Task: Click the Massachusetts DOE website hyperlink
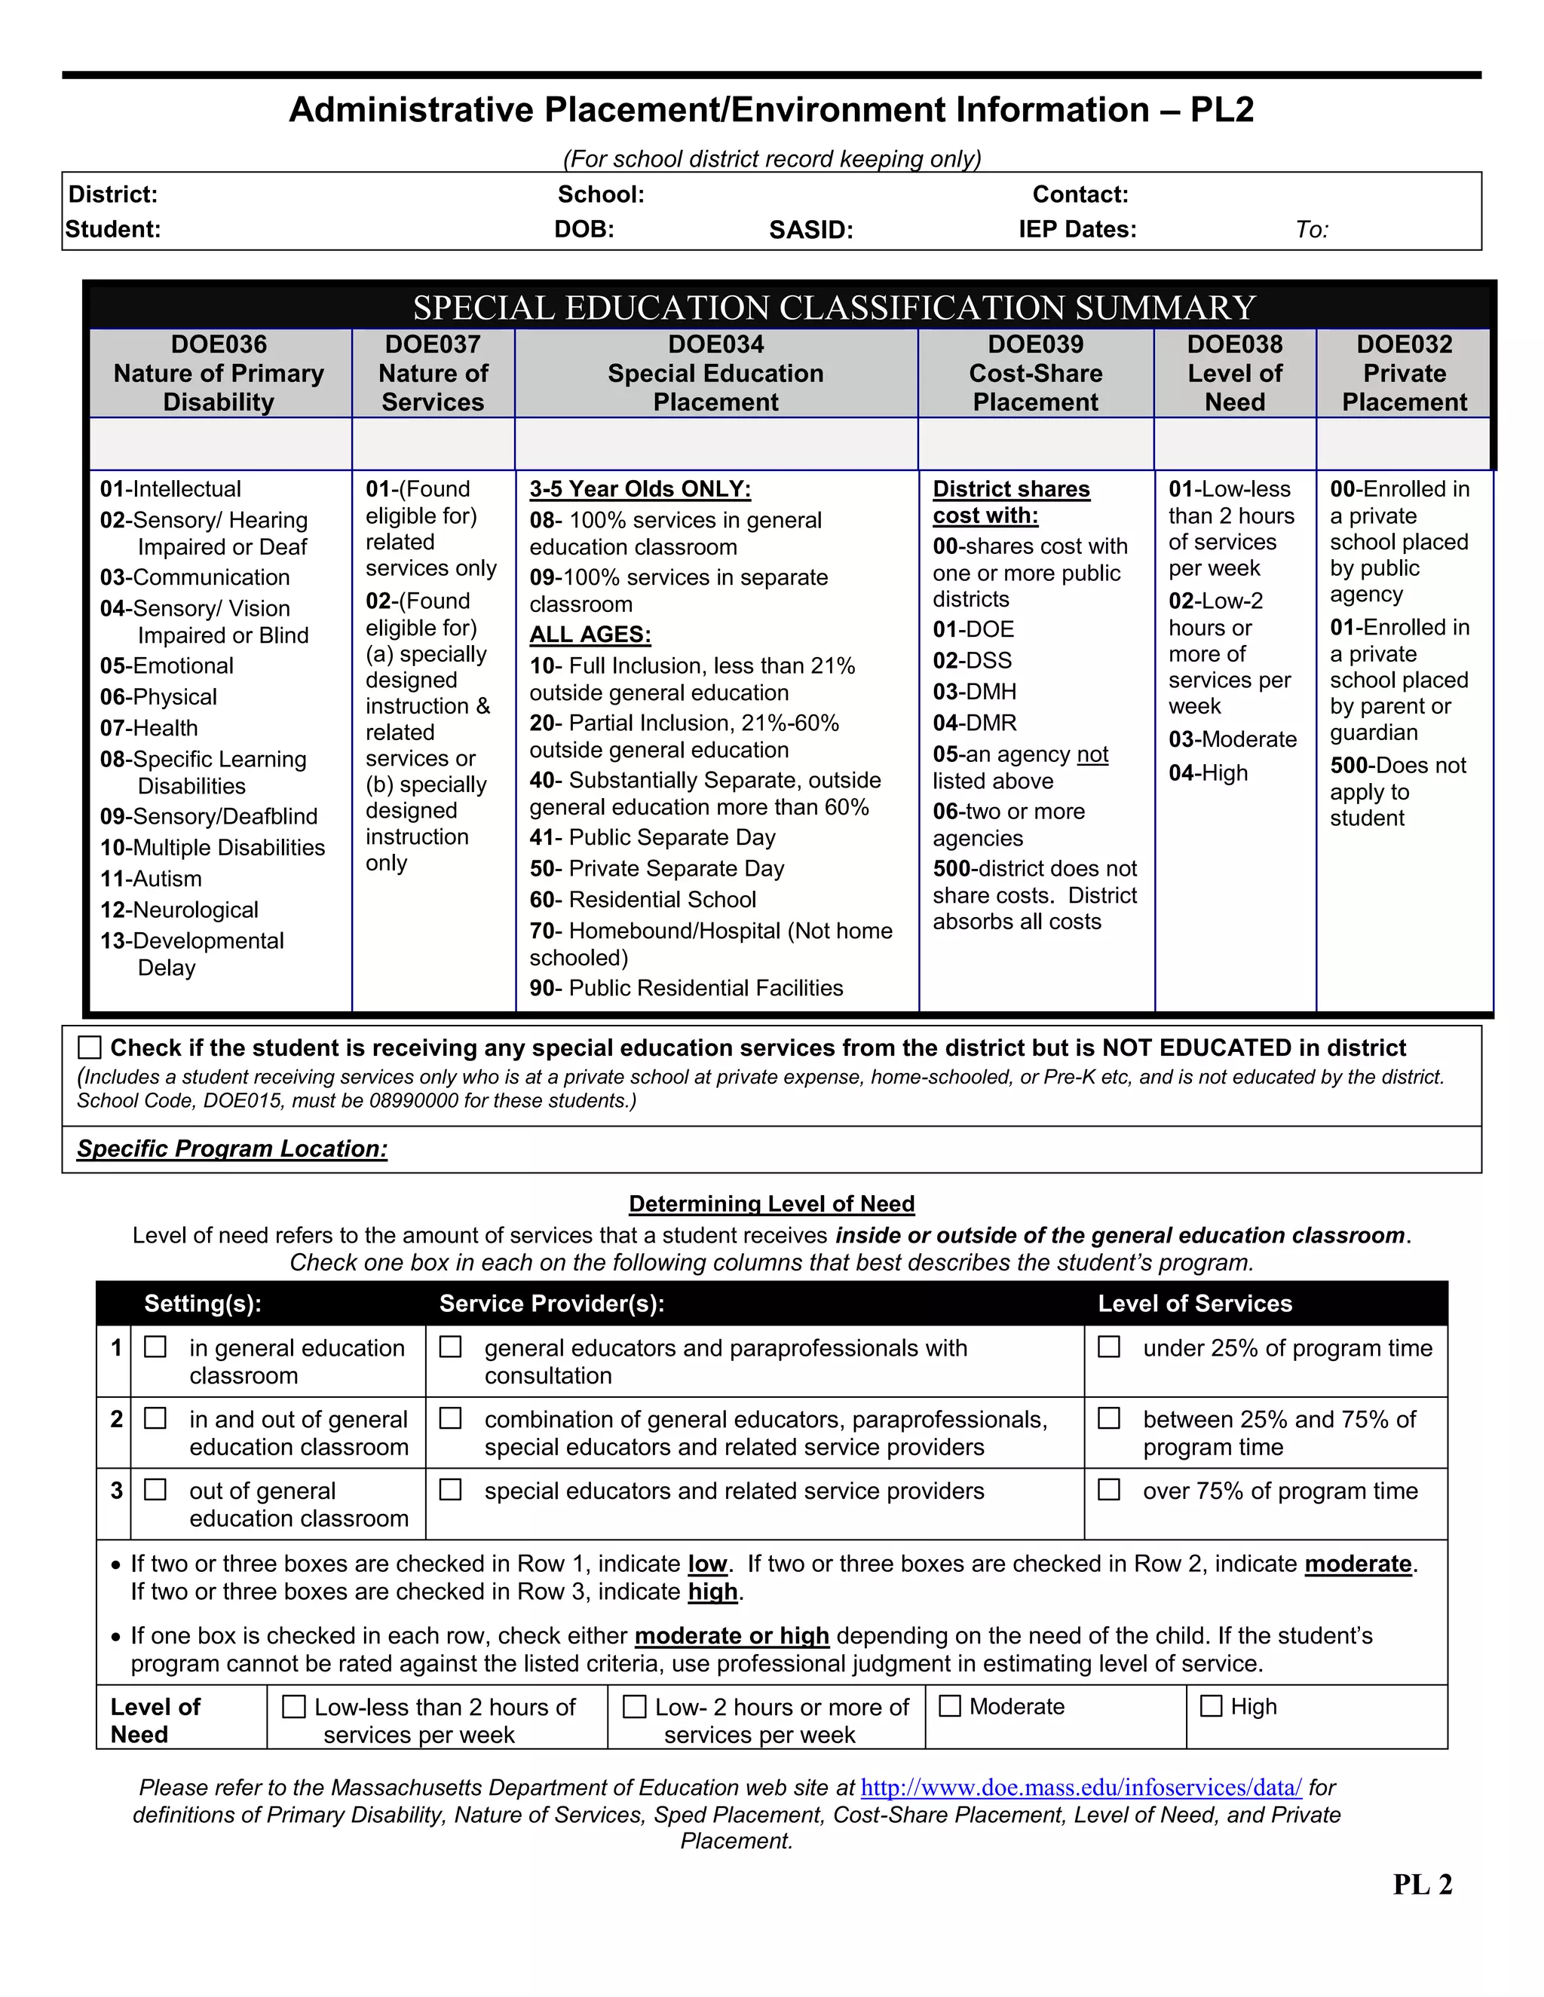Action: point(1081,1788)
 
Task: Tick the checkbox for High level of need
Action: point(1211,1706)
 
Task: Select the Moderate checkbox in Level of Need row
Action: point(951,1706)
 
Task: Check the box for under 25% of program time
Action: point(1108,1347)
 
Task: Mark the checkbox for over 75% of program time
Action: point(1108,1490)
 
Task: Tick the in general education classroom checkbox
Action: point(155,1347)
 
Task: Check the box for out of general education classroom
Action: point(155,1490)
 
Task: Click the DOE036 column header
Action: point(219,373)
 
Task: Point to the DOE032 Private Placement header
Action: point(1403,373)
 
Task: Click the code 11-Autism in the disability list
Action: point(151,879)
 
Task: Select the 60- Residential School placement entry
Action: point(643,900)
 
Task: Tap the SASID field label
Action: point(810,230)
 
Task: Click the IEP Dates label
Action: point(1077,230)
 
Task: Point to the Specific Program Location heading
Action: point(232,1149)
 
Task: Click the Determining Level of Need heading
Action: point(771,1204)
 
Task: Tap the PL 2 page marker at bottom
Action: point(1423,1885)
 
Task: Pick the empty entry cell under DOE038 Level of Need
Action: point(1235,445)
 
